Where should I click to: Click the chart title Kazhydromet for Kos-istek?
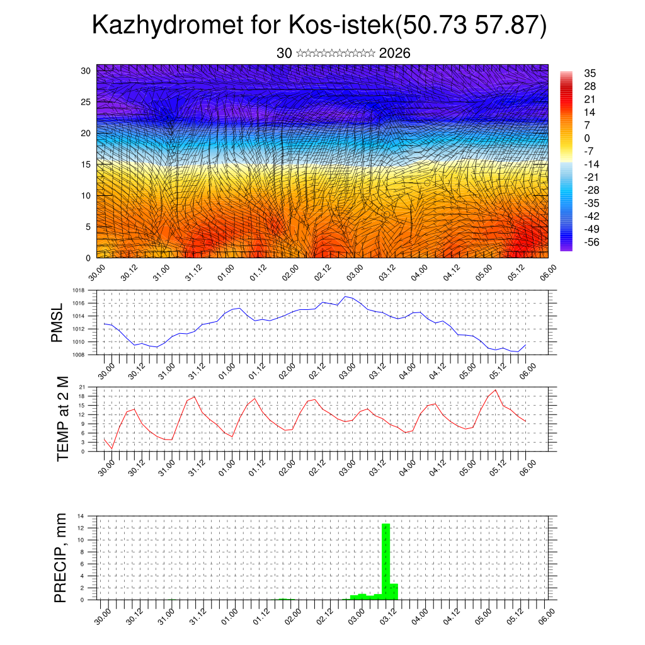pyautogui.click(x=319, y=25)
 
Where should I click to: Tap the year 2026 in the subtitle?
pyautogui.click(x=394, y=54)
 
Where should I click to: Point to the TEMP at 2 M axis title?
pyautogui.click(x=62, y=419)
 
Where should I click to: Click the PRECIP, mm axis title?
pyautogui.click(x=60, y=557)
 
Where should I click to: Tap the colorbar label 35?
pyautogui.click(x=590, y=73)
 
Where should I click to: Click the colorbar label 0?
pyautogui.click(x=587, y=138)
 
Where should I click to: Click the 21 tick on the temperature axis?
pyautogui.click(x=82, y=387)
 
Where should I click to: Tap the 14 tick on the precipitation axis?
pyautogui.click(x=81, y=516)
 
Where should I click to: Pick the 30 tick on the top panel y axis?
pyautogui.click(x=86, y=71)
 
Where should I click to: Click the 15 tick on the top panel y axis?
pyautogui.click(x=86, y=164)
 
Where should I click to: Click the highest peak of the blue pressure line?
pyautogui.click(x=346, y=296)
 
